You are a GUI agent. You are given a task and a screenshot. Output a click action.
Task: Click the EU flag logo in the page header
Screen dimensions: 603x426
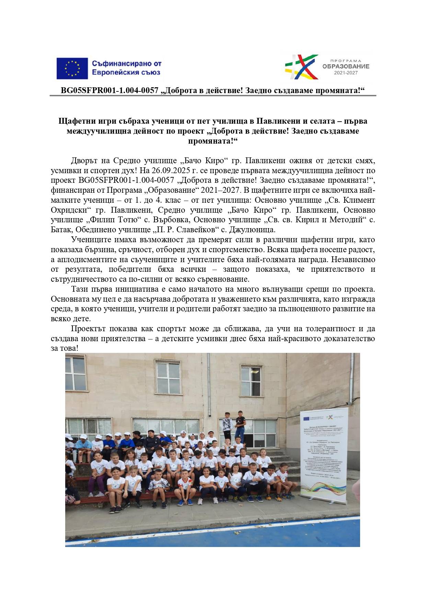pos(72,68)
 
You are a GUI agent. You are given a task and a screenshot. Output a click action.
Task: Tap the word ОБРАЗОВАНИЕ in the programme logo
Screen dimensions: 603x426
pos(346,66)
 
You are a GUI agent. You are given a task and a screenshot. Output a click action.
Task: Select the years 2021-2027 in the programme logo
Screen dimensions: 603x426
pos(346,73)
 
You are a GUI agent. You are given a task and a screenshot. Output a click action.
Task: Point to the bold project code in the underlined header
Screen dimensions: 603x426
pos(110,90)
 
